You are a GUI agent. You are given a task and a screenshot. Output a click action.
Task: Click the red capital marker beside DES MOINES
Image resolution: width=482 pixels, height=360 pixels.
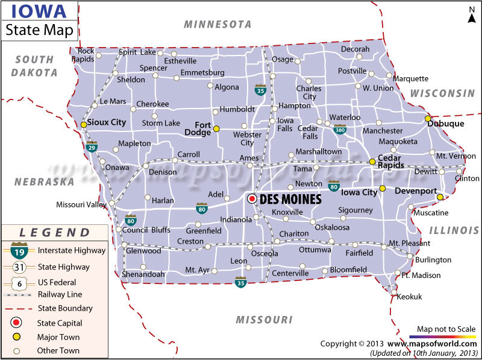tap(252, 198)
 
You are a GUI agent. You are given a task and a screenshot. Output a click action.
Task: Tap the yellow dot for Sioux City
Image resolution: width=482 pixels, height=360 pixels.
tap(84, 125)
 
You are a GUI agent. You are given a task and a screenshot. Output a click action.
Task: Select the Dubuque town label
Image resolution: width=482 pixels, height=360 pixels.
tap(446, 124)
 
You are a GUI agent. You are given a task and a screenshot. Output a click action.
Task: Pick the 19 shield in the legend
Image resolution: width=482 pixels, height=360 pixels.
tap(19, 250)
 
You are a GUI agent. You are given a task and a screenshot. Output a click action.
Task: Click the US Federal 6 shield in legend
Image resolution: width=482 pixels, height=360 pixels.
tap(19, 282)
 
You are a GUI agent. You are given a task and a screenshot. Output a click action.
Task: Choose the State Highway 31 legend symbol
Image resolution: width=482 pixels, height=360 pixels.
tap(19, 267)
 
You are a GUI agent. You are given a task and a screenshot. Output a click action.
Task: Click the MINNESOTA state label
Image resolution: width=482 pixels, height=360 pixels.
tap(218, 25)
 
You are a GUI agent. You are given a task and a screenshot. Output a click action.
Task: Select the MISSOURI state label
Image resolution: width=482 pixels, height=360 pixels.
tap(264, 320)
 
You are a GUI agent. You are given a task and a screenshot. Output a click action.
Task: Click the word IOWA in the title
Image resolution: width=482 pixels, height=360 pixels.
tap(31, 11)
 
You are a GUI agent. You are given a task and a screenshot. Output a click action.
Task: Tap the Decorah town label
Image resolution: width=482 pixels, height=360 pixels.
tap(355, 49)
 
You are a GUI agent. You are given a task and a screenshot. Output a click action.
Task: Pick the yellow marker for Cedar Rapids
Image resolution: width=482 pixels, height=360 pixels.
tap(372, 162)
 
